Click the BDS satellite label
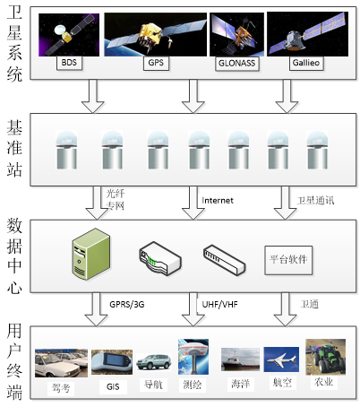[69, 63]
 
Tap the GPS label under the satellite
[156, 63]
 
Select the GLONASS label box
[236, 64]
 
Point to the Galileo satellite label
[306, 63]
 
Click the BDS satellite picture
[69, 35]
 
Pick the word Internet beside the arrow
[218, 201]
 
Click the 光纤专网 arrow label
[116, 200]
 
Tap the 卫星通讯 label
[315, 201]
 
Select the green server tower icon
[91, 254]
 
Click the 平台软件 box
[288, 260]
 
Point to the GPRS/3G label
[127, 305]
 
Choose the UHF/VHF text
[219, 305]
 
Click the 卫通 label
[310, 304]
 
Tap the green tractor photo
[325, 357]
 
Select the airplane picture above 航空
[281, 359]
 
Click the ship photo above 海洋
[240, 359]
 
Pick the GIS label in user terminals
[113, 387]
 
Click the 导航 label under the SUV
[153, 385]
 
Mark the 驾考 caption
[61, 388]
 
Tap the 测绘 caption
[193, 385]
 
